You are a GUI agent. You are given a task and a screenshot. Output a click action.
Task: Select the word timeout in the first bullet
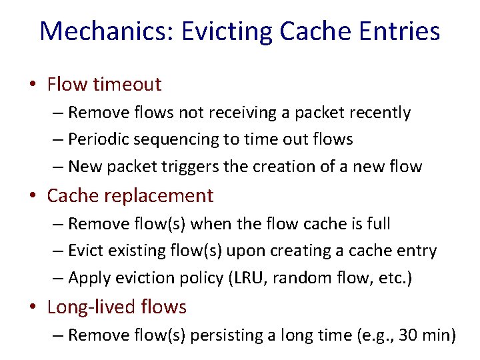127,84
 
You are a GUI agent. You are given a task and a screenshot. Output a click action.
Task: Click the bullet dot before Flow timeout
33,85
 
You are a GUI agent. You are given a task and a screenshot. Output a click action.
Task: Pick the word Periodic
97,139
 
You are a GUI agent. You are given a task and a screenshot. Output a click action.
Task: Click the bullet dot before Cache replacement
33,196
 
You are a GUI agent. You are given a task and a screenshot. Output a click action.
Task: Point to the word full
375,223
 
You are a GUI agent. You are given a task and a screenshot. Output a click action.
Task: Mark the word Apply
88,278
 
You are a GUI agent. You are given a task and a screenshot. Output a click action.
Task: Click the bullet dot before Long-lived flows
33,307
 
